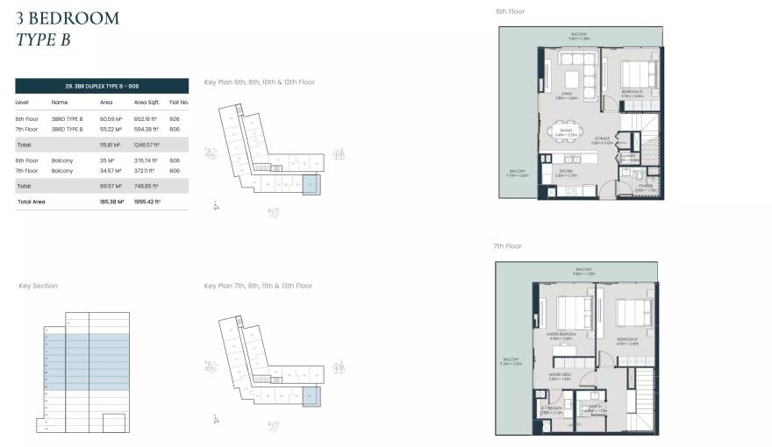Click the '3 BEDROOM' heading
coord(68,18)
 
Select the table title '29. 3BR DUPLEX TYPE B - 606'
coord(102,86)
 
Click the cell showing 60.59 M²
coord(110,118)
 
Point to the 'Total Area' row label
coord(31,202)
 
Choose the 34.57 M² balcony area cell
coord(111,171)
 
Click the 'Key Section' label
coord(39,286)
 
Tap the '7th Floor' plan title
coord(507,246)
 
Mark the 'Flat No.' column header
coord(179,103)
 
